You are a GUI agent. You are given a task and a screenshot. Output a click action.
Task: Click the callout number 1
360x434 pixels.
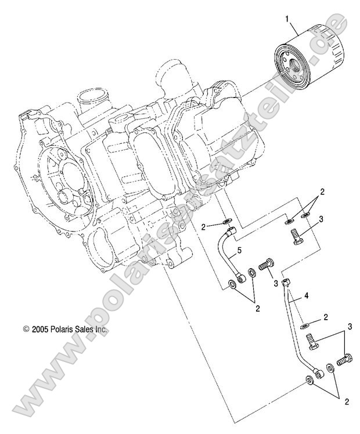[286, 19]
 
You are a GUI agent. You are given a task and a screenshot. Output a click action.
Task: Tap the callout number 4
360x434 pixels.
[307, 295]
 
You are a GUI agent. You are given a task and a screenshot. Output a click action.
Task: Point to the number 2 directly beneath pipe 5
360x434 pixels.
[258, 310]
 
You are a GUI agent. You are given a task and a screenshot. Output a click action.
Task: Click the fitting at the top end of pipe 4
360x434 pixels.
[285, 284]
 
